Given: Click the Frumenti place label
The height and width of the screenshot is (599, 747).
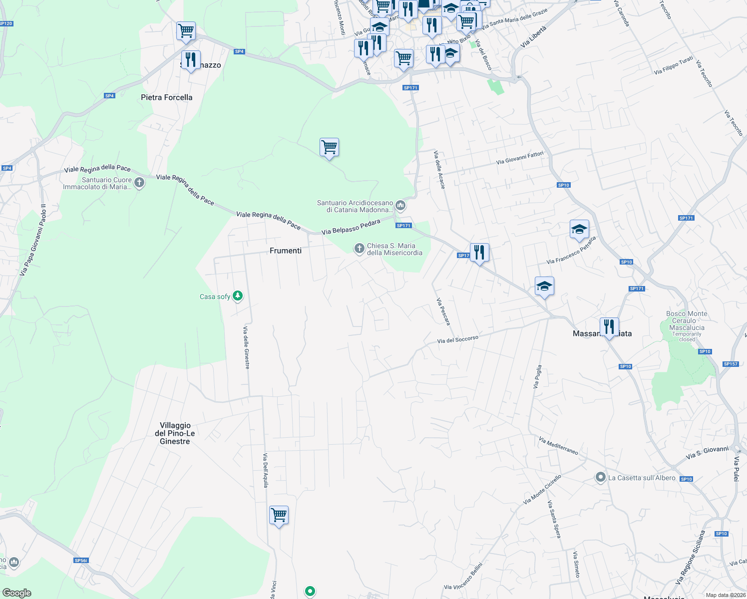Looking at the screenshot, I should point(286,251).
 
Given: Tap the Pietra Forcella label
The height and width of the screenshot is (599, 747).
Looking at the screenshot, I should point(166,97).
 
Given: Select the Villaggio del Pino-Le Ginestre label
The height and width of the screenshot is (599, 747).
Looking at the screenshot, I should point(175,433).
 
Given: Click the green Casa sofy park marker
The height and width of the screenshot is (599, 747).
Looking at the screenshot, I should point(238,296).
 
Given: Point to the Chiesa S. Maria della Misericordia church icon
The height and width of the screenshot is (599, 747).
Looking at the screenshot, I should point(359,248).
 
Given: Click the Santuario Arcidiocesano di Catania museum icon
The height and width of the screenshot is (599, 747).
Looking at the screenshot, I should point(400,205).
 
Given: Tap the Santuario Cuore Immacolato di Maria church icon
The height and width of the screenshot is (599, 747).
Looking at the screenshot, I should point(140,183).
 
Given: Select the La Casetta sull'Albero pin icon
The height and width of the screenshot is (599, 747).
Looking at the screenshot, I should point(601,478).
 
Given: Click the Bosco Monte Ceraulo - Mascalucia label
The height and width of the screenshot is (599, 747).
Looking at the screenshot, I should point(687,321).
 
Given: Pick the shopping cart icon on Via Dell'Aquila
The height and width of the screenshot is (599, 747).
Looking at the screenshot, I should point(279,515).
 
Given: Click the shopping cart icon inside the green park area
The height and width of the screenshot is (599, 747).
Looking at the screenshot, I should point(329,147).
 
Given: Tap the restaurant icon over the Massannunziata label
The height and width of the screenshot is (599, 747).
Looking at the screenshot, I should point(609,327).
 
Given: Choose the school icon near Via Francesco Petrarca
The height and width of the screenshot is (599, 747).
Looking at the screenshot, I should point(579,229).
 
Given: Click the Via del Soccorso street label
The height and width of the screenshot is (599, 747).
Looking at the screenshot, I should point(458,339).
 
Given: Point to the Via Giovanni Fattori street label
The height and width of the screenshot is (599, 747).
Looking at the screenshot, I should point(520,158).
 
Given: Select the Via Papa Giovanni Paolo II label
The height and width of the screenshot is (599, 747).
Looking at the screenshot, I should point(33,240).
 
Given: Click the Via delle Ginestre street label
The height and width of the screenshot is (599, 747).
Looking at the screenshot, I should point(246,347).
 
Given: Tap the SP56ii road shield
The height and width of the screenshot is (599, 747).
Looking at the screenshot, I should point(81,561).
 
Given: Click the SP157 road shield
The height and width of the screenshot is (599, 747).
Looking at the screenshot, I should point(730,364).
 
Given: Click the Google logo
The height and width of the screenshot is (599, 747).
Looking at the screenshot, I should point(17,593).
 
